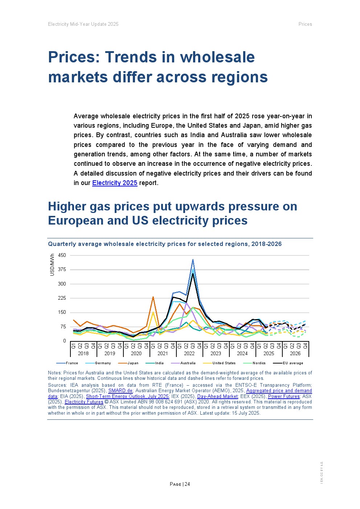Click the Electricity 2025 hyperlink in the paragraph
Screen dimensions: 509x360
[115, 183]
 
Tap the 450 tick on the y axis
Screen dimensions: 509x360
[62, 255]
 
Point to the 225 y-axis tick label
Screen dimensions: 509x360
[62, 298]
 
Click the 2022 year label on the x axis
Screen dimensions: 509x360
[189, 354]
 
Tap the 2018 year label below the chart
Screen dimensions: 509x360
[83, 354]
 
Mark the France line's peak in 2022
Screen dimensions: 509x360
[193, 259]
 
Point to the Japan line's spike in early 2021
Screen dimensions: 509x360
[153, 297]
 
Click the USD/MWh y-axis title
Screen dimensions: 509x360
[52, 265]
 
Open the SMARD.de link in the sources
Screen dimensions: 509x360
[120, 391]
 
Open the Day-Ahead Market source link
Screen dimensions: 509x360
[217, 397]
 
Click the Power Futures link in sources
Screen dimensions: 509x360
[284, 397]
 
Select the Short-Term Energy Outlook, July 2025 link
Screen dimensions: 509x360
[127, 397]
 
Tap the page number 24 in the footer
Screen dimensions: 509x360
[187, 484]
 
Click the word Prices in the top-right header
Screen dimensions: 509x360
[305, 24]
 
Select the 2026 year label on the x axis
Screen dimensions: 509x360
[295, 354]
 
